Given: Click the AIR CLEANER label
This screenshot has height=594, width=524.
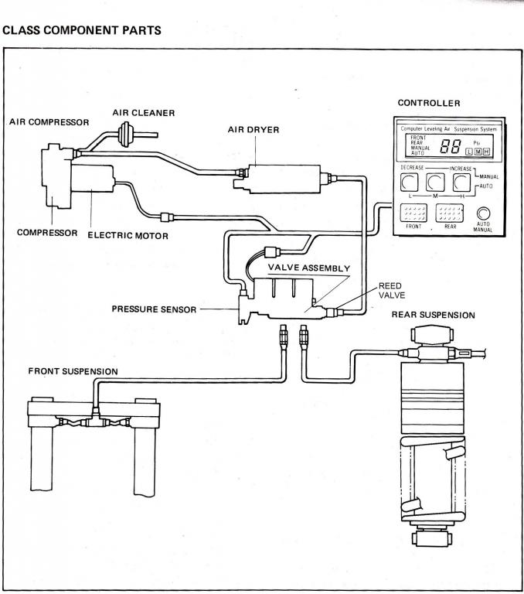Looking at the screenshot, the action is [144, 113].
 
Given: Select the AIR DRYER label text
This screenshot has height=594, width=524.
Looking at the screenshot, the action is [253, 130].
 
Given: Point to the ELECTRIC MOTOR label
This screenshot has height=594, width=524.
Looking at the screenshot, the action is [128, 236].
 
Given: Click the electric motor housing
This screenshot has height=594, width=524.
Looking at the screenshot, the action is [93, 178].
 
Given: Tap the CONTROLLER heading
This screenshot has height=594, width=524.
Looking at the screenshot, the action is [429, 103].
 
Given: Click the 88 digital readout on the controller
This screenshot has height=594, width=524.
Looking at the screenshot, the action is [451, 146].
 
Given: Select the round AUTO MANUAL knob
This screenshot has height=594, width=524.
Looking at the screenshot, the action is [483, 213].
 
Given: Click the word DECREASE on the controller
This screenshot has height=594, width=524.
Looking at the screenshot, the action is [412, 167].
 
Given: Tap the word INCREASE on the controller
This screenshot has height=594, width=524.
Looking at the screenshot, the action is [461, 169].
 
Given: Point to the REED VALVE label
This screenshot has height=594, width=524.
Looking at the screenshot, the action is [392, 291].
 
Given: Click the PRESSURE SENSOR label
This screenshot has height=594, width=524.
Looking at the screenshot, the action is [154, 309].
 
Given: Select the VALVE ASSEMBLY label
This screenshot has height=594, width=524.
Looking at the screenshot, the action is [309, 268].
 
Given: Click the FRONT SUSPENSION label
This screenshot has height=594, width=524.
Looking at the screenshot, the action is [73, 371].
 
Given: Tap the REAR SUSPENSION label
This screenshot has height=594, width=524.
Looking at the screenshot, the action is [433, 315].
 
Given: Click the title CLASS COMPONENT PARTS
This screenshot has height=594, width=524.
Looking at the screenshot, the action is [82, 30].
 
